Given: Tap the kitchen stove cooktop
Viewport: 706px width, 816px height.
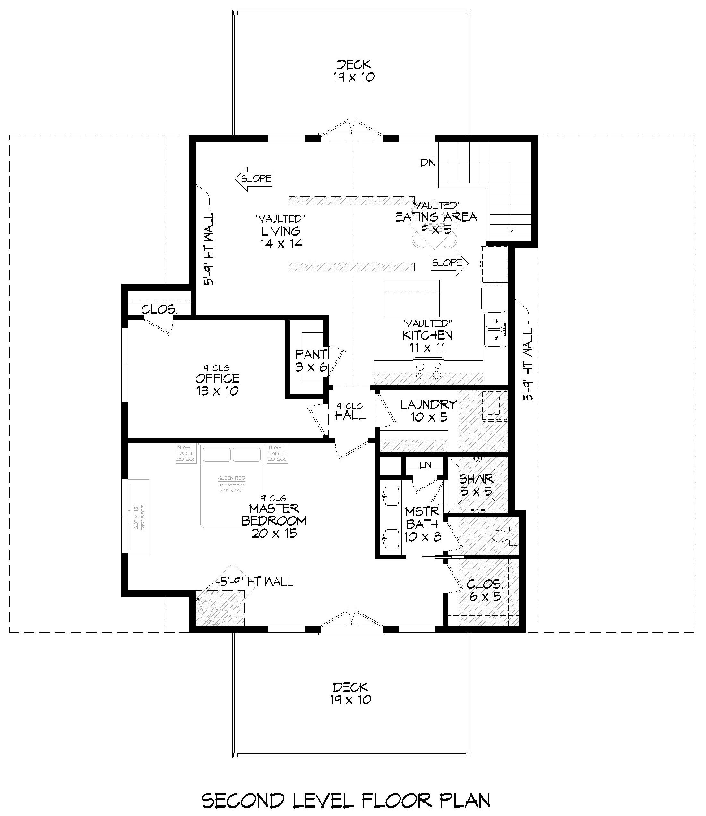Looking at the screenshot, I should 428,371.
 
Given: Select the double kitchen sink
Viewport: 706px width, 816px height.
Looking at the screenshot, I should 495,329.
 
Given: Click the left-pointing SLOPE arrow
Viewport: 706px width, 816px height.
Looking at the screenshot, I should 254,179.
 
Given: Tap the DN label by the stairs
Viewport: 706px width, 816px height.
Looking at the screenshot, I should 427,162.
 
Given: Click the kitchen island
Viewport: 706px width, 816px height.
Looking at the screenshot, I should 411,298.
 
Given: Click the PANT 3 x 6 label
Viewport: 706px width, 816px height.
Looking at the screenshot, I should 311,360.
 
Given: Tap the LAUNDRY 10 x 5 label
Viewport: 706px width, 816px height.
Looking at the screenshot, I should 428,410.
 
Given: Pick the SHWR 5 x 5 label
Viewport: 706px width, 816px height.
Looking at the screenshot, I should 476,485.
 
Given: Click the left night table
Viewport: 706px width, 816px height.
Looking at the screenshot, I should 185,454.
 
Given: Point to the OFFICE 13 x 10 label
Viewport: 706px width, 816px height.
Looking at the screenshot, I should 217,384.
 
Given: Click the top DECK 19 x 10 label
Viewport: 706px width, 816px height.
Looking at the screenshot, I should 353,71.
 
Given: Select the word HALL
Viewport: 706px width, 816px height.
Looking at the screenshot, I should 350,415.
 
